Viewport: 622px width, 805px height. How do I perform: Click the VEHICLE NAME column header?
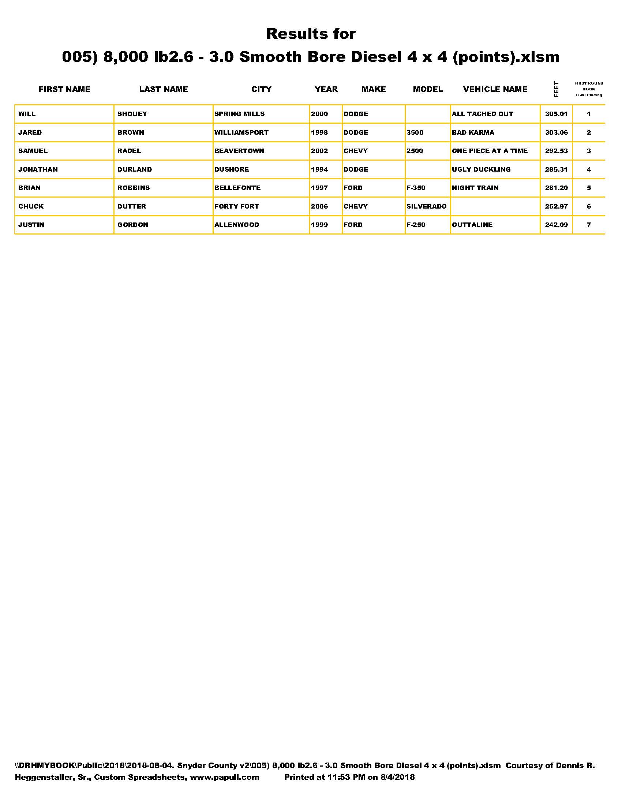pos(495,89)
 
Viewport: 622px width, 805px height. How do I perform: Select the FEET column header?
pos(556,89)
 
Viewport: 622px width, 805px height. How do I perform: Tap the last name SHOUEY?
pos(132,114)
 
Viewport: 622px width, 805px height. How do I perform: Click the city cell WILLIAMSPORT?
pos(241,132)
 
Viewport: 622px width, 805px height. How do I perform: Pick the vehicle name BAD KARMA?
pos(473,132)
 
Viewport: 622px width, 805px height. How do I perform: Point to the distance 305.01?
pos(556,114)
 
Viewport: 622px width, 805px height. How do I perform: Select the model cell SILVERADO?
pos(426,206)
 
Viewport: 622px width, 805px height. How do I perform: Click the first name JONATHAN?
pos(38,169)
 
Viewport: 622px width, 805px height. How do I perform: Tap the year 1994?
pos(319,169)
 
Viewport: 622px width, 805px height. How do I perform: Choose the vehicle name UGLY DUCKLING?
pos(481,169)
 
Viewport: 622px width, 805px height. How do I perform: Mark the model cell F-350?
pos(416,188)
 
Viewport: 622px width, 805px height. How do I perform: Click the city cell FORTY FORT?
pos(237,206)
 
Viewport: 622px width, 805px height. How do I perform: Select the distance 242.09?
pos(556,225)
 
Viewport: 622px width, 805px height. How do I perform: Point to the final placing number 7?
pos(588,225)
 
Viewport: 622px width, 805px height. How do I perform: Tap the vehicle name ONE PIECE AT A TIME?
pos(489,151)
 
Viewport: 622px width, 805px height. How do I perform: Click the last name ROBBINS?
pos(134,188)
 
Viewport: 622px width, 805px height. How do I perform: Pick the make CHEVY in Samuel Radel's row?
pos(355,151)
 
